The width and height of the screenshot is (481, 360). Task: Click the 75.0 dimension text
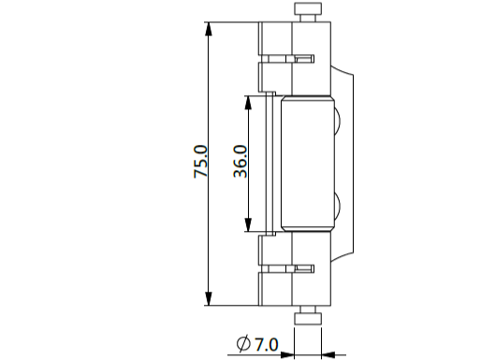pyautogui.click(x=200, y=162)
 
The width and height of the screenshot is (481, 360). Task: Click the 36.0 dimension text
pyautogui.click(x=240, y=162)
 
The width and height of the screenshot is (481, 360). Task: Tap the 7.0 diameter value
pyautogui.click(x=267, y=344)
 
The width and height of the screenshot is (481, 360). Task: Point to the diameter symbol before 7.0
pyautogui.click(x=243, y=344)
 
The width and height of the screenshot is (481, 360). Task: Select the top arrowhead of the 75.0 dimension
pyautogui.click(x=209, y=29)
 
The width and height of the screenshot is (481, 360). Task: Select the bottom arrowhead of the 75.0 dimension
pyautogui.click(x=209, y=298)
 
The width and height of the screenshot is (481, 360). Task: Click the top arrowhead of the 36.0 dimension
pyautogui.click(x=248, y=102)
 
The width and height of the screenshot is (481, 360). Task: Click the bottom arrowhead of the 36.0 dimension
pyautogui.click(x=248, y=224)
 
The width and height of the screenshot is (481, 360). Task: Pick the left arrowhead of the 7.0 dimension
pyautogui.click(x=287, y=354)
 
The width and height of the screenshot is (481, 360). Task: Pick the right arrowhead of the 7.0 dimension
pyautogui.click(x=328, y=354)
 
